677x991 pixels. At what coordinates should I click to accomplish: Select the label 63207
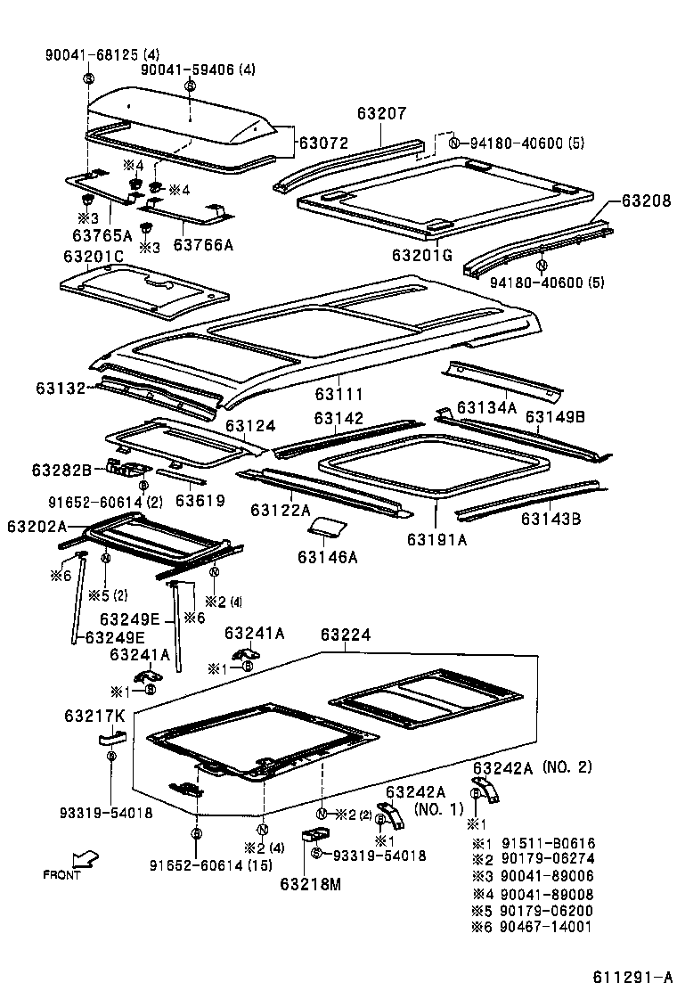[381, 114]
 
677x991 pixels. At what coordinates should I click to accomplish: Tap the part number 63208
[646, 201]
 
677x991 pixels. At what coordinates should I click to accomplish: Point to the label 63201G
[422, 256]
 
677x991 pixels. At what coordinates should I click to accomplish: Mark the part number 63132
[61, 388]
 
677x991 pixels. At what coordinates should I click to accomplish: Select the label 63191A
[437, 539]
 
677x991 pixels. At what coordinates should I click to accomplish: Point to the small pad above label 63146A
[326, 527]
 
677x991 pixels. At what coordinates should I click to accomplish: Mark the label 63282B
[62, 469]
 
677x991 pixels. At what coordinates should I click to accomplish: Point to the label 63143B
[551, 519]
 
